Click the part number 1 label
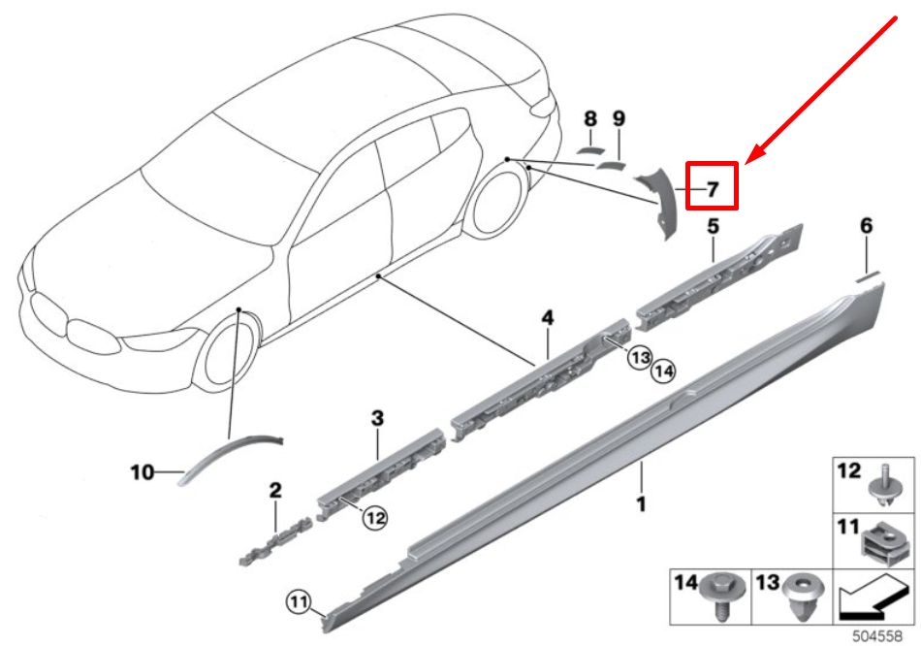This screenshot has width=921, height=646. [640, 504]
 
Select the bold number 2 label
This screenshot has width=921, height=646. [275, 491]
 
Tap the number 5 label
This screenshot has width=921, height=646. [713, 227]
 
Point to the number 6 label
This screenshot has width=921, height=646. [866, 227]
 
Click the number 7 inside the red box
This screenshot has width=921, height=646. [713, 188]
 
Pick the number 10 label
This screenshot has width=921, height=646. [143, 473]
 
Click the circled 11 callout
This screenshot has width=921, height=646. [299, 603]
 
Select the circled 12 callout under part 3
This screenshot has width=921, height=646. [375, 519]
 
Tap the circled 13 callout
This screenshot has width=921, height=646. [639, 357]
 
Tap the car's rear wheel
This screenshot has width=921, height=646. [500, 205]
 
